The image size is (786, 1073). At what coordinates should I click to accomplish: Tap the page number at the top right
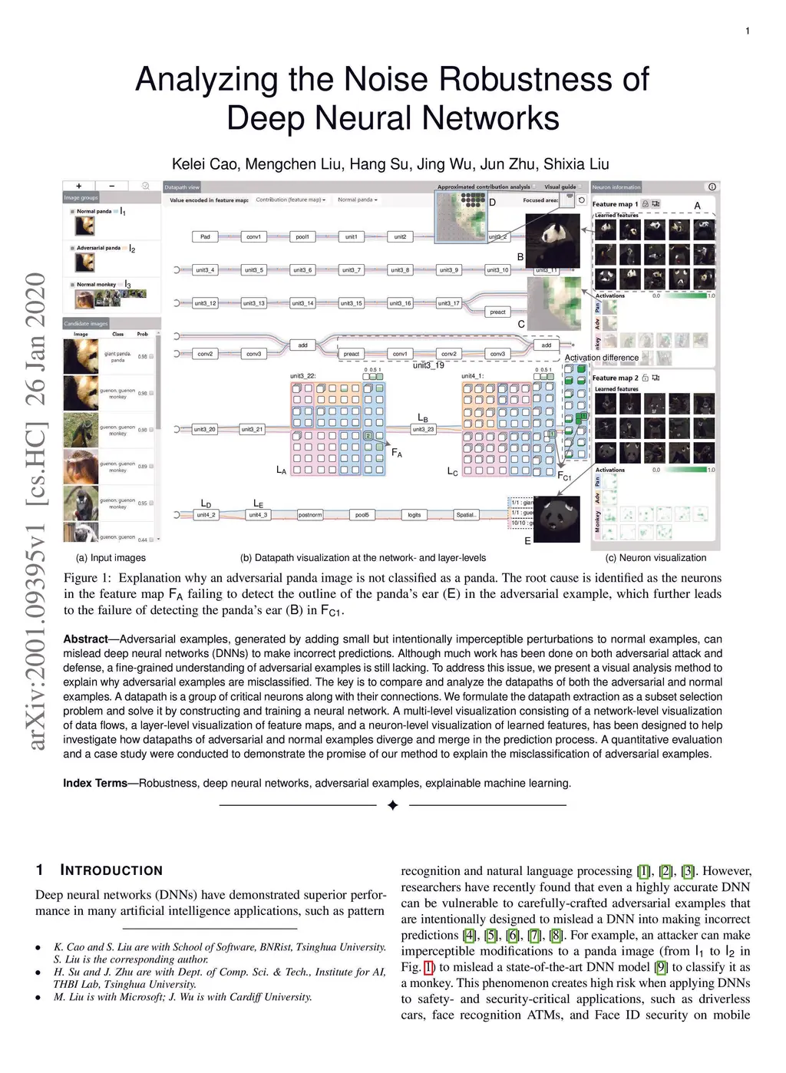(x=747, y=31)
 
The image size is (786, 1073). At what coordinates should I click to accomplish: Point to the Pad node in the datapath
(x=205, y=237)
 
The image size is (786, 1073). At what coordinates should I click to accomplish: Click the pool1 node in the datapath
(x=302, y=237)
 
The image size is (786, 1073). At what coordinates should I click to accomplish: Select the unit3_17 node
(x=448, y=303)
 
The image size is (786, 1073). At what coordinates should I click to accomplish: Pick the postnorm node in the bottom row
(x=310, y=515)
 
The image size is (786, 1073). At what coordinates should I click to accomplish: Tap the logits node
(x=414, y=515)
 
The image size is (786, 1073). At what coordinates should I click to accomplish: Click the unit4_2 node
(x=206, y=515)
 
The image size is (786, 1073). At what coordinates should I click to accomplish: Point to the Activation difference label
(x=601, y=358)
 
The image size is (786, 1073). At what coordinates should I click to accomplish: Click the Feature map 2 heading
(x=615, y=378)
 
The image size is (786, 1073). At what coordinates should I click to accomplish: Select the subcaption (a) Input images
(x=111, y=558)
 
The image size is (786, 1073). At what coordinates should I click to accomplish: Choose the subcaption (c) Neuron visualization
(x=656, y=558)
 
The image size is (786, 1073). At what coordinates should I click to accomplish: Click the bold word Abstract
(x=85, y=639)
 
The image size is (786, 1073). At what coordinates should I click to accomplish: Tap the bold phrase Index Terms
(x=95, y=784)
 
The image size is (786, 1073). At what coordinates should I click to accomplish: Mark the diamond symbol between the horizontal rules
(x=392, y=805)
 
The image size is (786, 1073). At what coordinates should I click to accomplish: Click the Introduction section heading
(x=111, y=870)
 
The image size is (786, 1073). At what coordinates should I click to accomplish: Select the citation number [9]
(x=661, y=967)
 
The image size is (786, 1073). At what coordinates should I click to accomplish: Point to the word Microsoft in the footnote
(x=127, y=997)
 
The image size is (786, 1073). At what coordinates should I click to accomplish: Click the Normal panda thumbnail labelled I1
(x=84, y=226)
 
